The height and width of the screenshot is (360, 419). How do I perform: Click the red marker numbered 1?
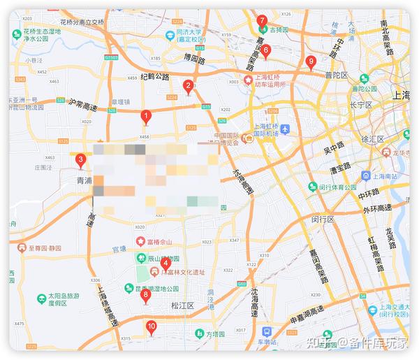pos(145,117)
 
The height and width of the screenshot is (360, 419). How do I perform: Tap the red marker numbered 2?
pos(188,87)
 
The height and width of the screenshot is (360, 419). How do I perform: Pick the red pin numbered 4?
pos(166,264)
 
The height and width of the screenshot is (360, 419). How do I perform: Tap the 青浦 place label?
pos(84,180)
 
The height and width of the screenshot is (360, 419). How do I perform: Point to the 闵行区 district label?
pos(323,219)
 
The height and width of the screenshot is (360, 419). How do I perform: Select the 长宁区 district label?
pos(362,106)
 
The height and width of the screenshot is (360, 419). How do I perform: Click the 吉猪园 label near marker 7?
pos(279,30)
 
